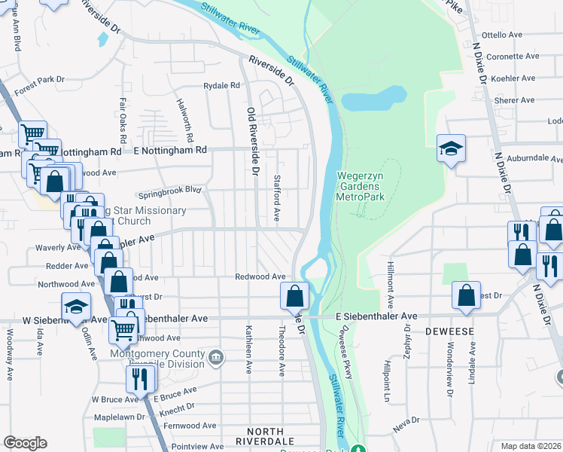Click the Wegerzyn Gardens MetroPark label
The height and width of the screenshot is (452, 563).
click(361, 185)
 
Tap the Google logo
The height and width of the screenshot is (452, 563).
click(25, 443)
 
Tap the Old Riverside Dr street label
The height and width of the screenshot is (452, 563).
click(253, 142)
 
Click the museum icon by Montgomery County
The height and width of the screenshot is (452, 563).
click(217, 356)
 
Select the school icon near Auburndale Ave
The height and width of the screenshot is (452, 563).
click(451, 148)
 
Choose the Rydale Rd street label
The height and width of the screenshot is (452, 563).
click(221, 86)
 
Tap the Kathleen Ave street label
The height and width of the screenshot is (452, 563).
click(248, 350)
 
